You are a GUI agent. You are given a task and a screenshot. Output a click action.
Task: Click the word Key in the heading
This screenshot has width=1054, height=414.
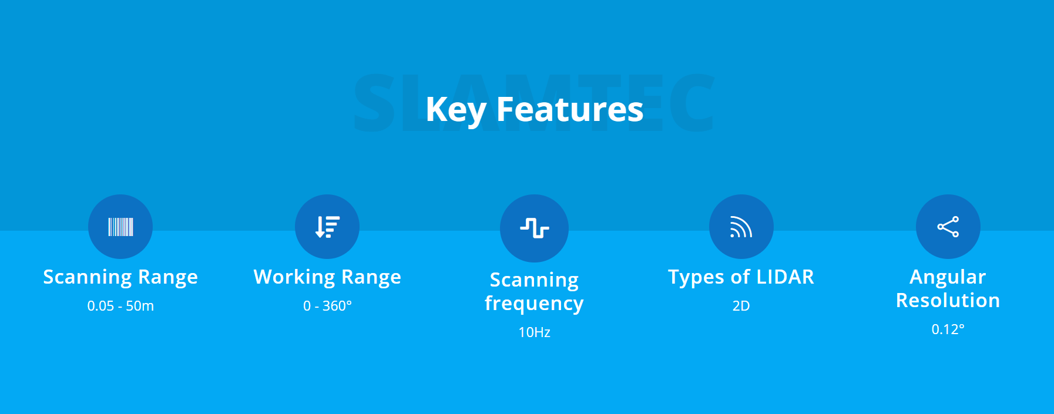coord(456,110)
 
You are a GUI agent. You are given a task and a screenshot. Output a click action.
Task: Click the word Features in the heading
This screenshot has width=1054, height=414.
coord(570,109)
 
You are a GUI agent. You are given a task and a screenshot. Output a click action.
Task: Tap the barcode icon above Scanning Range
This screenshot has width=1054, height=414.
coord(120,227)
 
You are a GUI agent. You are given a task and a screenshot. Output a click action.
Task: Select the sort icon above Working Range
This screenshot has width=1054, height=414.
coord(327,227)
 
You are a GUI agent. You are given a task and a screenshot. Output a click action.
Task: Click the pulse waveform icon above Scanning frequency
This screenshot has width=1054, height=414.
coord(534,228)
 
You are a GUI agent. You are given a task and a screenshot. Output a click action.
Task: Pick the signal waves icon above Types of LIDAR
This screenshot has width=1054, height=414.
coord(741,227)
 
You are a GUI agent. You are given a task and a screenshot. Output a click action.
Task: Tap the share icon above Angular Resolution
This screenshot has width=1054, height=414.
coord(948,227)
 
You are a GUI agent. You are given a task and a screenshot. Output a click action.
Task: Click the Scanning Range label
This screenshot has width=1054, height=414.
coord(120,277)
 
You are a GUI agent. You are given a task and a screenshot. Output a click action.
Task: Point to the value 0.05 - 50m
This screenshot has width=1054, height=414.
coord(120,306)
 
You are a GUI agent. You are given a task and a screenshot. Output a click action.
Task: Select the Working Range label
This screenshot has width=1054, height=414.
coord(327,277)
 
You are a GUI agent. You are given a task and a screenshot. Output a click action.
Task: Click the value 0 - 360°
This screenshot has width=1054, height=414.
coord(327,306)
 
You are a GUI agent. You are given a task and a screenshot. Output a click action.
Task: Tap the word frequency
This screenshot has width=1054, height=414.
coord(534,304)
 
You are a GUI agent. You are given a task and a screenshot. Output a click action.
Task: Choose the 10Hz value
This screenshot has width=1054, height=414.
coord(534,332)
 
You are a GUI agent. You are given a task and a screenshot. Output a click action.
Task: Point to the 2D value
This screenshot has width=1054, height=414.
coord(741,306)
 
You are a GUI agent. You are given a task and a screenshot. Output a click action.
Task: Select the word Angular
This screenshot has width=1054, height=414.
coord(948,277)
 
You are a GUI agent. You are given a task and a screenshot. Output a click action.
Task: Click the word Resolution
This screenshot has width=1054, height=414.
coord(948,300)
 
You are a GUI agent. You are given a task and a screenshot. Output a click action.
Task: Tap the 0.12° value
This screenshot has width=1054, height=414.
coord(948,329)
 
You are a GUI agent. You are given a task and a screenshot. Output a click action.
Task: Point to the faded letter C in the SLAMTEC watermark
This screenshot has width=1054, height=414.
coord(692,102)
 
